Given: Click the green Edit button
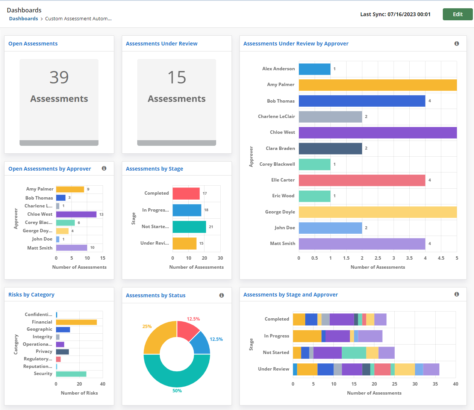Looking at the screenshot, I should tap(457, 14).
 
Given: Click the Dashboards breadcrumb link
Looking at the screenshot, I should tap(23, 19).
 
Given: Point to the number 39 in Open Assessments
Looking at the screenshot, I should tap(59, 77).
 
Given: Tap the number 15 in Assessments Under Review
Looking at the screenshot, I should tap(177, 77).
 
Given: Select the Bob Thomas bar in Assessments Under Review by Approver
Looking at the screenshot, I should tap(362, 101).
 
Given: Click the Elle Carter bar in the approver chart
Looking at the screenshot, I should tap(362, 180).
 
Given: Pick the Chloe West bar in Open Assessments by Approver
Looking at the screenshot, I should tap(76, 214).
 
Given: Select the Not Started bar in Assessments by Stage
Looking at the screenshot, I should tap(189, 227).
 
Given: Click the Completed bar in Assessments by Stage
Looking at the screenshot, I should tap(186, 194).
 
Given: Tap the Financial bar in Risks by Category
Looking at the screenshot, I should tap(76, 322).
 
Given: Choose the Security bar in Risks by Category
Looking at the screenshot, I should tap(71, 374).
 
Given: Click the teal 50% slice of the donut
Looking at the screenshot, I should tap(177, 372).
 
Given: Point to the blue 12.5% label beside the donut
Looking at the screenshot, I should tap(216, 339).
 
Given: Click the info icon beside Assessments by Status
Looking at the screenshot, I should tap(221, 295).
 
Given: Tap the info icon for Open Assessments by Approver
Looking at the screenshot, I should tap(104, 168).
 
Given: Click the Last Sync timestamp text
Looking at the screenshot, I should tap(395, 14).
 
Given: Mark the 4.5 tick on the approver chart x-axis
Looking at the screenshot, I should tap(441, 258).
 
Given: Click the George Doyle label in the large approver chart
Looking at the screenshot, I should tap(280, 212).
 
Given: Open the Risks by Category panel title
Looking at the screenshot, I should tap(32, 295).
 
